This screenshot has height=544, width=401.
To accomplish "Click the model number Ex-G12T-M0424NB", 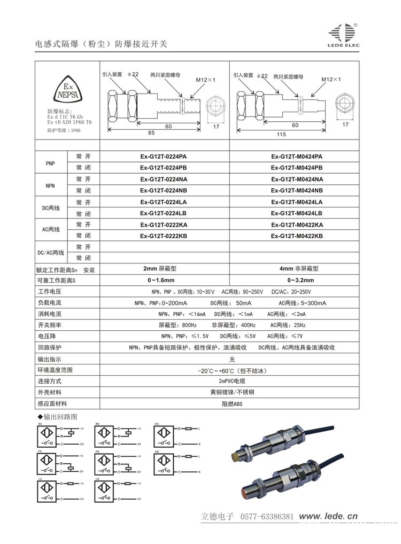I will [x=297, y=190].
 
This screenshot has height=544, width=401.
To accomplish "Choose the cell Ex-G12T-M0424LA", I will [x=297, y=202].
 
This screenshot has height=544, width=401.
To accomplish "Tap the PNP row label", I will [x=51, y=162].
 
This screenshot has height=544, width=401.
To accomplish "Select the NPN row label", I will [x=51, y=184].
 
